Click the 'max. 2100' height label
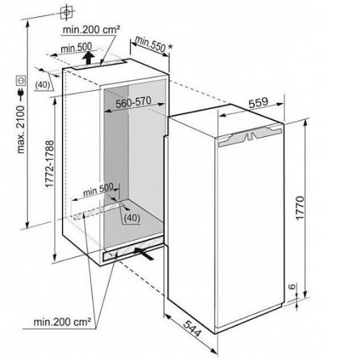[22, 129]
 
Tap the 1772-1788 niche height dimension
[50, 164]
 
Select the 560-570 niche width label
[134, 102]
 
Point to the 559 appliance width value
[258, 102]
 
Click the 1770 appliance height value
[300, 208]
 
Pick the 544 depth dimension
[192, 328]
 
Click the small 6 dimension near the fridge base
[292, 287]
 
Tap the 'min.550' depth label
[150, 44]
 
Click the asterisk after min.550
[170, 46]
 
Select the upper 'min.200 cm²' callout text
[91, 30]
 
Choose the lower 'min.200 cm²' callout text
[63, 322]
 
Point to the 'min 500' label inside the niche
[98, 189]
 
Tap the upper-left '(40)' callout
[42, 85]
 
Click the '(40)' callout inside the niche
[132, 217]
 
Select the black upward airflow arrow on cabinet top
[89, 58]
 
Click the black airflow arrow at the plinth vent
[144, 253]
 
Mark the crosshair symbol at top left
[67, 12]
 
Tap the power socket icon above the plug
[21, 81]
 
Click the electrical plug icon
[21, 94]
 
